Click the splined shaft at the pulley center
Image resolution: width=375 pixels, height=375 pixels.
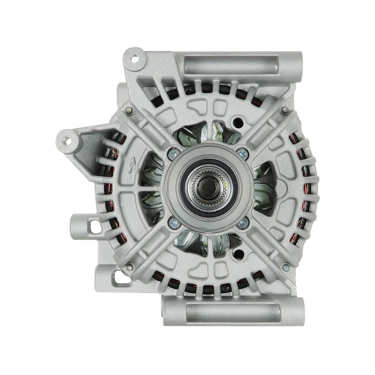[x=205, y=185]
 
